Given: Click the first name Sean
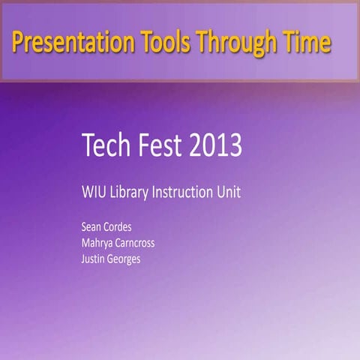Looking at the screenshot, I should coord(91,226).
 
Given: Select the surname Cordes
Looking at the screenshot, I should coord(120,226).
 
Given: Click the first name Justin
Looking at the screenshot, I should coord(94,259).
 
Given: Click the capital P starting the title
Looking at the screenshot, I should coord(18,43).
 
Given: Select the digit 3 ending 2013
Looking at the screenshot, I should coord(235,145).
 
